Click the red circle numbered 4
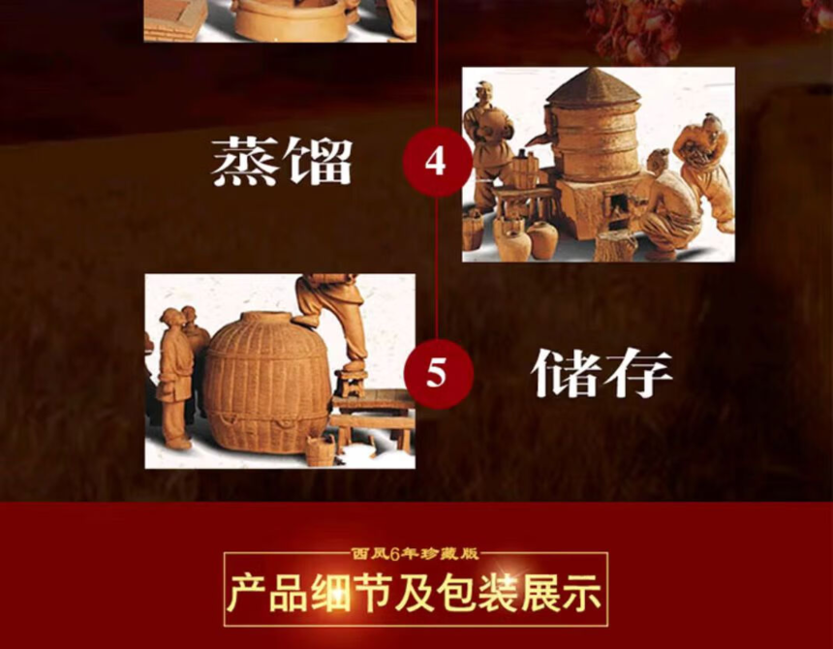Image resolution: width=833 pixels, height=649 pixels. tap(436, 162)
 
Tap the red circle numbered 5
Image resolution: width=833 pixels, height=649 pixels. tap(437, 374)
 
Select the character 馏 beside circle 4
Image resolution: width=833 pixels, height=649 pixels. tap(317, 162)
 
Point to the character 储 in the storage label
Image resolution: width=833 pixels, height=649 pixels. tap(565, 373)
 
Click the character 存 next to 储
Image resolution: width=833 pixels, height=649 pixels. tap(638, 373)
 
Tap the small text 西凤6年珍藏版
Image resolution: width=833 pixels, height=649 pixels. tap(415, 554)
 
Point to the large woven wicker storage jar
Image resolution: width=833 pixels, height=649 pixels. tap(266, 382)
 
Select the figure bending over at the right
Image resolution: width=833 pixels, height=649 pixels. tap(702, 169)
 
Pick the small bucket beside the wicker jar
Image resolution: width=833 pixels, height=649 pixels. tap(321, 450)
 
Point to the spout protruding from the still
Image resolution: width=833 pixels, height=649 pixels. tap(538, 139)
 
